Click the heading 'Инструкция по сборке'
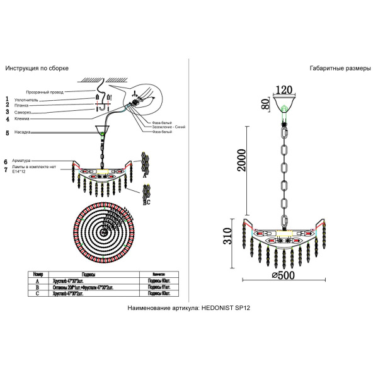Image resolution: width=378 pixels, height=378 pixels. (37, 68)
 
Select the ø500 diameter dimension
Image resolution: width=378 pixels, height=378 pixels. (284, 275)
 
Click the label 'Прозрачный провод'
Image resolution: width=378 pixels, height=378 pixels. (44, 92)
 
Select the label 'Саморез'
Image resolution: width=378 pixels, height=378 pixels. (23, 112)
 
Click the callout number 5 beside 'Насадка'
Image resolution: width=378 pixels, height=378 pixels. (7, 133)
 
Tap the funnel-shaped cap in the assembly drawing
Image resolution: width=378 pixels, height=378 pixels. (101, 132)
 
